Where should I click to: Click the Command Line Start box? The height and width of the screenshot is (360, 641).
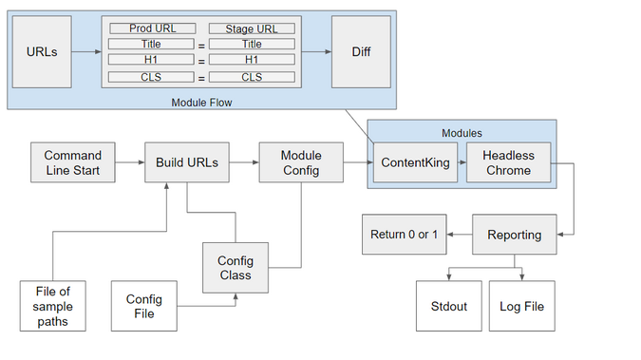point(72,162)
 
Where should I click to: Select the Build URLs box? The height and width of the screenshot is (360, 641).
point(187,162)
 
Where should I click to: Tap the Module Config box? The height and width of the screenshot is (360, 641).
point(301,162)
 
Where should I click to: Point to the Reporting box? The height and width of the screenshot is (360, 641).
point(515,234)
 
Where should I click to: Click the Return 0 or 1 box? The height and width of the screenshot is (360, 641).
point(405,234)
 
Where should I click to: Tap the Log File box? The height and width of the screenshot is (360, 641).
point(521,306)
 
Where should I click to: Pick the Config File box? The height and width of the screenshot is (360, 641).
point(144,306)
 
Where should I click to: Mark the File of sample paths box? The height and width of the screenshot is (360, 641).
point(52,306)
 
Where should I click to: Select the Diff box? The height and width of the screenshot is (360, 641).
point(361,51)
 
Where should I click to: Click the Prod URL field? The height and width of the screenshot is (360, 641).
point(152,28)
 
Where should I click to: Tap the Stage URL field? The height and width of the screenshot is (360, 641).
point(252,28)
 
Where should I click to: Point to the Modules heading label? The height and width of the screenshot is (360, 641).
point(462,133)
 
